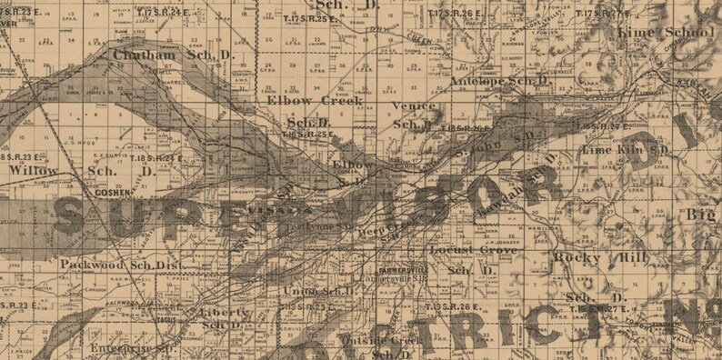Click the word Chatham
(x=142, y=55)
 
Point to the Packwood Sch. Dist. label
(x=121, y=264)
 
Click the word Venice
(x=407, y=106)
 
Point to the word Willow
(x=33, y=170)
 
